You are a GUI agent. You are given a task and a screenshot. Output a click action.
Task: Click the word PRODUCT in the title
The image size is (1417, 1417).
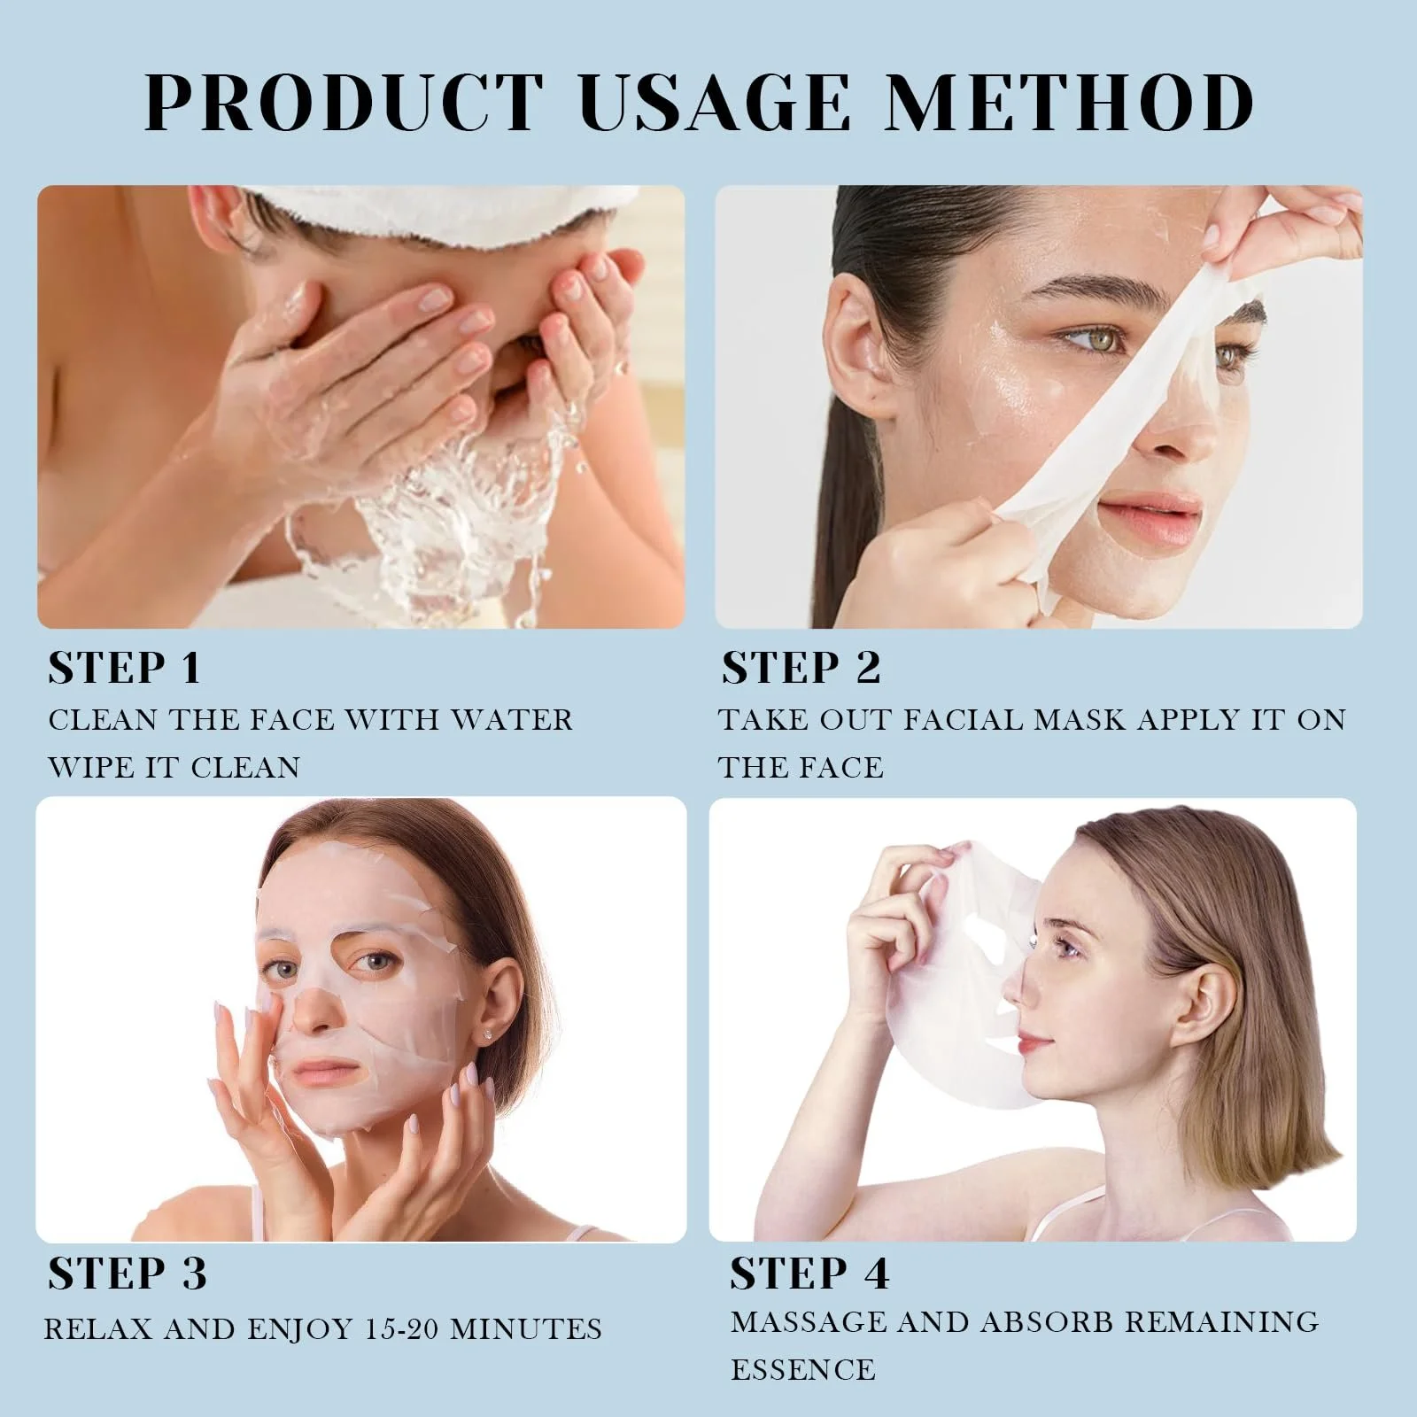[344, 102]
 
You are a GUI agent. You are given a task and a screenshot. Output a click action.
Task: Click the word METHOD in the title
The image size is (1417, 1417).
[1071, 102]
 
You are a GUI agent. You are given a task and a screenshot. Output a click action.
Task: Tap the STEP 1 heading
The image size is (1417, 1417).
[125, 668]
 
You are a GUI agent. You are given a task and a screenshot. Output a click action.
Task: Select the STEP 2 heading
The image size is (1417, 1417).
[801, 668]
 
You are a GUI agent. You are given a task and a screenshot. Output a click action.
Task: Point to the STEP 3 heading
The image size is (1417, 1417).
[128, 1274]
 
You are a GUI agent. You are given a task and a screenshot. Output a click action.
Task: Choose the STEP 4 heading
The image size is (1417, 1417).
[809, 1274]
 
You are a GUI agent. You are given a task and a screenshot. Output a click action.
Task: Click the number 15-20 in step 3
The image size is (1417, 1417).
[402, 1329]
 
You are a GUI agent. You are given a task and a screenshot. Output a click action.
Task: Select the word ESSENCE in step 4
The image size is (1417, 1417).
[803, 1370]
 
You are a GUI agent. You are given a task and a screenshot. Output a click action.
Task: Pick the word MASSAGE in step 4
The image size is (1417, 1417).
[807, 1322]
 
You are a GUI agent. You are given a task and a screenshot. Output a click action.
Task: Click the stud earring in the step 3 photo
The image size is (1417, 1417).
[490, 1034]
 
